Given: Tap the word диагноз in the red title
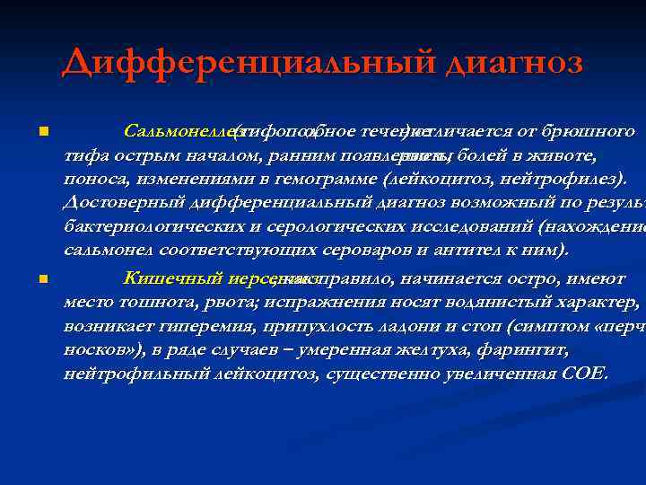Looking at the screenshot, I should coord(502,62).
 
